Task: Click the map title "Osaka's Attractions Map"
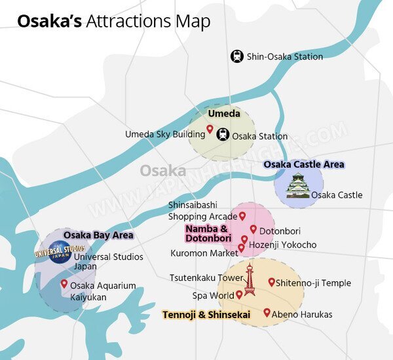point(113,22)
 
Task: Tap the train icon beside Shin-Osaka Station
point(236,56)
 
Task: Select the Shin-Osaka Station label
point(285,57)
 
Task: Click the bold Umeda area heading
point(223,114)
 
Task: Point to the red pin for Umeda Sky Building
point(210,130)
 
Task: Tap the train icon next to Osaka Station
point(223,135)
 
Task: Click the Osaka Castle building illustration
point(298,186)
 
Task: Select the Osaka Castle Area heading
point(303,164)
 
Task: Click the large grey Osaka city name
point(162,171)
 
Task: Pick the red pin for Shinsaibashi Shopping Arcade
point(242,215)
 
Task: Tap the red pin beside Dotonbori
point(253,229)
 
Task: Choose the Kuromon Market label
point(204,253)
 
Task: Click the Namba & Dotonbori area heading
point(206,234)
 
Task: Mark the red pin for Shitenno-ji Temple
point(271,282)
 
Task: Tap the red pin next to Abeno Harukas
point(267,313)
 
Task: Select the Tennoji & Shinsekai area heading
point(206,315)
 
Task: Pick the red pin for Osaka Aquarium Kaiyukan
point(64,284)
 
